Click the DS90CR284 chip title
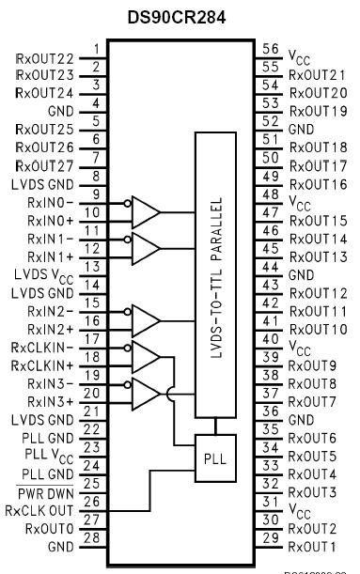[x=180, y=16]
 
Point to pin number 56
[x=270, y=50]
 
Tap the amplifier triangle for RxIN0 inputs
[x=146, y=211]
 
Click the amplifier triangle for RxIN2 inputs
[x=146, y=319]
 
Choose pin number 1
[x=95, y=50]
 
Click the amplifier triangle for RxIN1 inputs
[x=146, y=248]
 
